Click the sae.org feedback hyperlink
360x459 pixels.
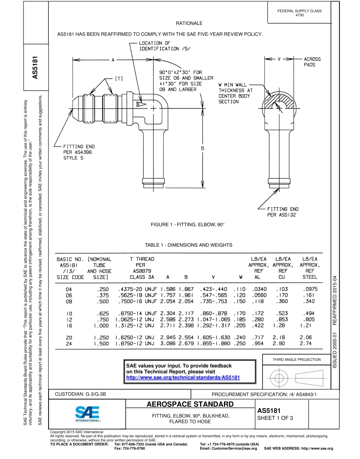coord(183,378)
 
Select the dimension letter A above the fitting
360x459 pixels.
coord(113,60)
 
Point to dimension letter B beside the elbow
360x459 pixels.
coord(203,148)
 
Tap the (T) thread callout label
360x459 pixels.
coord(119,78)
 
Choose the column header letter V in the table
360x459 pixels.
coord(213,277)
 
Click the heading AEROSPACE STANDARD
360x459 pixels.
coord(190,404)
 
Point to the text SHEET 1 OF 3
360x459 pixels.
coord(275,418)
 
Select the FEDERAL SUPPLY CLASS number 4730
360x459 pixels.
coord(299,15)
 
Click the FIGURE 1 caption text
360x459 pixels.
coord(188,225)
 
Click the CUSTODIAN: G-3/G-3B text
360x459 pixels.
coord(80,394)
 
